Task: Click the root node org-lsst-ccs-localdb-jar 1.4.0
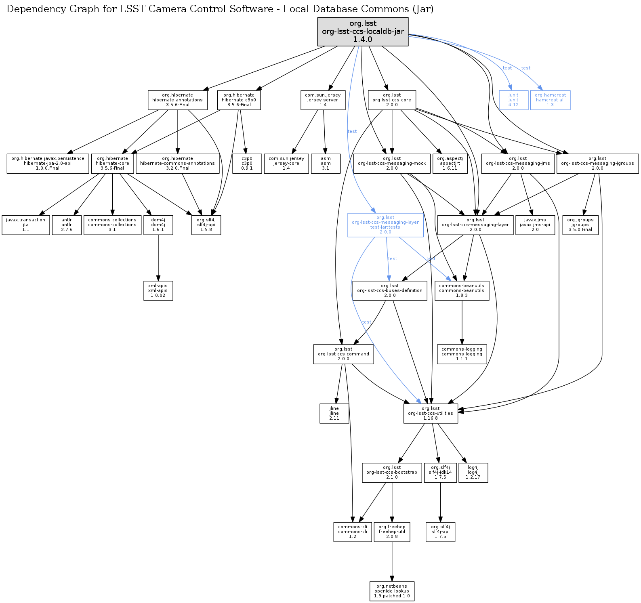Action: [363, 32]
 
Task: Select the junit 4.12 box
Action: [513, 100]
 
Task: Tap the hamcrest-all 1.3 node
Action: [550, 100]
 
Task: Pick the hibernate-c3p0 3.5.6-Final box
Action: [239, 100]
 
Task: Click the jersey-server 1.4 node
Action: [323, 100]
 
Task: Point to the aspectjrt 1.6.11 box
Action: [450, 163]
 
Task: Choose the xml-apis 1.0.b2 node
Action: [158, 291]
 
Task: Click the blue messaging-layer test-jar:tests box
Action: [385, 225]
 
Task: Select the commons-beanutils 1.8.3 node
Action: [462, 291]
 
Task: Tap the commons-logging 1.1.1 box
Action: [462, 354]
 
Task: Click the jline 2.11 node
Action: [334, 414]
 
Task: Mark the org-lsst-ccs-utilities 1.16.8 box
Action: [431, 414]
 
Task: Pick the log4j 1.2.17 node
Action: [473, 473]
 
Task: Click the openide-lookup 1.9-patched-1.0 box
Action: [392, 591]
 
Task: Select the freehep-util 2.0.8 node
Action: [392, 532]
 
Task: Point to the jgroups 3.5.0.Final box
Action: [580, 225]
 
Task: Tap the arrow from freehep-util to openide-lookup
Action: [392, 561]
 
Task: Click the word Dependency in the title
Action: [31, 9]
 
